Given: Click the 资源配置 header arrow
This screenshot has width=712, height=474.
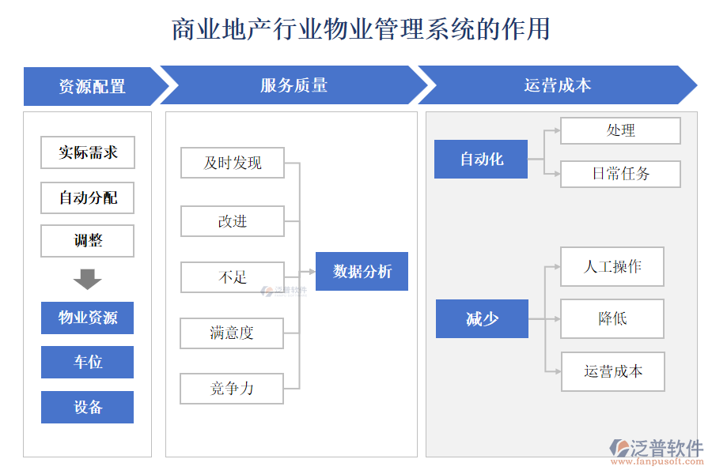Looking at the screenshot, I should click(92, 86).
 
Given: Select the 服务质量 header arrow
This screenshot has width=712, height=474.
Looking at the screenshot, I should click(294, 85).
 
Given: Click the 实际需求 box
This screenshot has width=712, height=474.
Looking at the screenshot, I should click(88, 152).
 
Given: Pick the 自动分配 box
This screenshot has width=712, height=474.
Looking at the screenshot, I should click(88, 197).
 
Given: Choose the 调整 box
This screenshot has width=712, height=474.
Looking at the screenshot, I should click(88, 241).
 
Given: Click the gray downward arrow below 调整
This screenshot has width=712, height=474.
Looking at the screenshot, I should click(87, 279).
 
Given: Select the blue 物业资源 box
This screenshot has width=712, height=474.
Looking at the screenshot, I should click(88, 318).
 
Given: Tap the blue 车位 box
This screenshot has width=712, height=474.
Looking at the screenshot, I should click(88, 363).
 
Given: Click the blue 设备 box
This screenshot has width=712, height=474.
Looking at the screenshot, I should click(88, 408).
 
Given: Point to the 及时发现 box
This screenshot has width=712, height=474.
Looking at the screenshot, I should click(233, 163).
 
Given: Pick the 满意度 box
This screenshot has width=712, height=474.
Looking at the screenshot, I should click(232, 333).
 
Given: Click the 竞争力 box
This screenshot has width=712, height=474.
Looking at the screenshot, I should click(232, 389).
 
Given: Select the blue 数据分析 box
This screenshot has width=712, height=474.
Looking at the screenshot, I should click(362, 271).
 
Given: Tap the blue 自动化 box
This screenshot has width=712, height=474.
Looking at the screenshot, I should click(481, 159).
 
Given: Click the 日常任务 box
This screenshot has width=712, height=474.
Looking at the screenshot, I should click(620, 174).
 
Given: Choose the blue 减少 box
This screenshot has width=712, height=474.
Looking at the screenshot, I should click(482, 318).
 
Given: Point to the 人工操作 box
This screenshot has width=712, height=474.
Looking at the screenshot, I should click(612, 266).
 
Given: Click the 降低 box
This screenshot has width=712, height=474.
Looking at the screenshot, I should click(612, 318).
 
